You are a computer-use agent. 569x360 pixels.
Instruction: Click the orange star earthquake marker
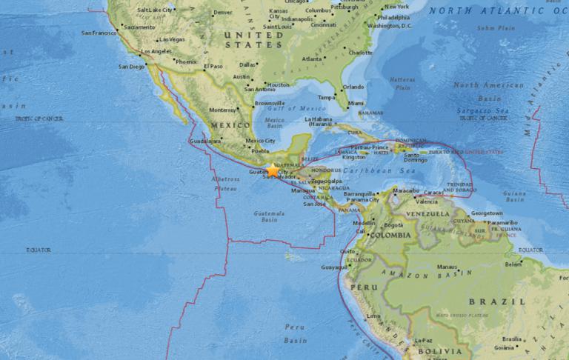tap(273, 170)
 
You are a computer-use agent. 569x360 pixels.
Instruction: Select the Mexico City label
tap(260, 141)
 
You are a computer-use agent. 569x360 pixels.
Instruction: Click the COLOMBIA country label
tap(390, 235)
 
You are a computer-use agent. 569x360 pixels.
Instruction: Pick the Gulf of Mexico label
tap(284, 108)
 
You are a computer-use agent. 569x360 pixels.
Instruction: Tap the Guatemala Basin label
tap(270, 216)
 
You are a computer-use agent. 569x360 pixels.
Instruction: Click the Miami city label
tap(356, 103)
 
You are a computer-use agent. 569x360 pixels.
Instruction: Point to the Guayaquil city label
tap(335, 267)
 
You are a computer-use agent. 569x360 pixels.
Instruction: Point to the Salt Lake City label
tap(155, 10)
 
